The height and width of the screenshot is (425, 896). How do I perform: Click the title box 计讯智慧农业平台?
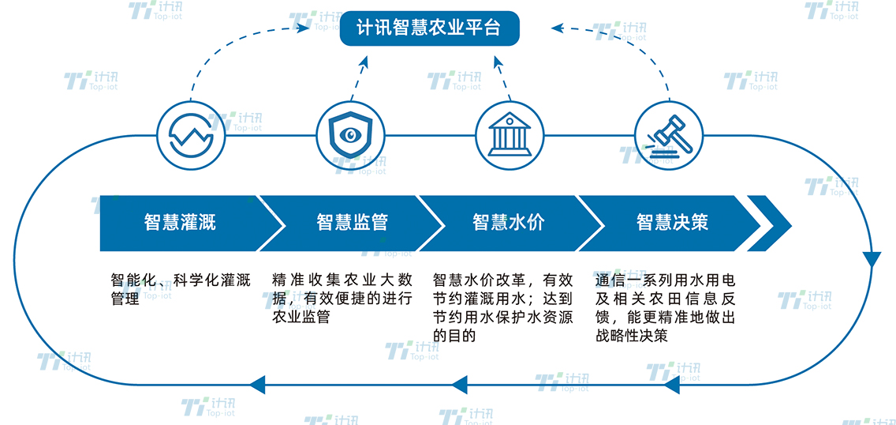[430, 28]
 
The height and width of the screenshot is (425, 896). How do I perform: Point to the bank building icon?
[508, 134]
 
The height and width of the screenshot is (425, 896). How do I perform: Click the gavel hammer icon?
[668, 134]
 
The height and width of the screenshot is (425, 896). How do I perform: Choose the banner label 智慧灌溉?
[180, 222]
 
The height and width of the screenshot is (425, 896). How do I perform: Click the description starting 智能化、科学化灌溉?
[181, 288]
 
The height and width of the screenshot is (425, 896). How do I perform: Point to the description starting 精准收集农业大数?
[342, 298]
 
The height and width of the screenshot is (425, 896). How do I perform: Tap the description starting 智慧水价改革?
[503, 307]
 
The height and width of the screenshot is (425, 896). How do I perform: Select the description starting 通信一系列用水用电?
[665, 307]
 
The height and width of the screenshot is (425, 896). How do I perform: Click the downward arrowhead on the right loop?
[871, 260]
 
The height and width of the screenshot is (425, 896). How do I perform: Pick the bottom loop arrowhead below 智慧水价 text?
[460, 386]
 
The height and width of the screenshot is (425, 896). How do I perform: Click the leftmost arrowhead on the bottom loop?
[256, 386]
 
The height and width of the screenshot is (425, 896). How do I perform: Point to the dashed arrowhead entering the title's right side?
[557, 28]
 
